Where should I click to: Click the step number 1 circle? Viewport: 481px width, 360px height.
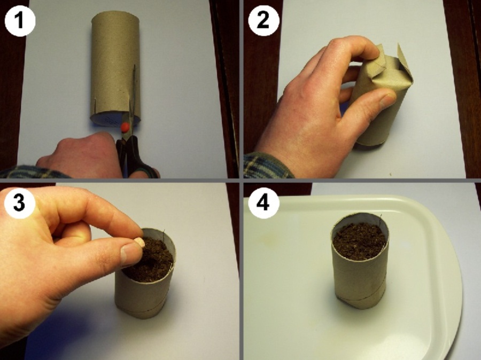coord(20,21)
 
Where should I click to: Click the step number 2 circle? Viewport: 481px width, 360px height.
coord(263,21)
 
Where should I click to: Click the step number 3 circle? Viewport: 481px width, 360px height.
coord(19,202)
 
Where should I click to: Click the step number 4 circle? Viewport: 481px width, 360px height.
coord(263,202)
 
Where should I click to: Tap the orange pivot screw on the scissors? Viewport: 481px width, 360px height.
coord(125,127)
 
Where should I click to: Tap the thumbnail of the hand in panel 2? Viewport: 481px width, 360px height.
coord(387,100)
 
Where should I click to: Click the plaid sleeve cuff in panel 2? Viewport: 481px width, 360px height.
coord(267,166)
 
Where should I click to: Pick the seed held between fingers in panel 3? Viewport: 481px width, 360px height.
coord(139,242)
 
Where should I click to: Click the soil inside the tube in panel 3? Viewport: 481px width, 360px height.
coord(150,260)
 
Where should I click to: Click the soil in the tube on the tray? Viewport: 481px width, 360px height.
coord(360,241)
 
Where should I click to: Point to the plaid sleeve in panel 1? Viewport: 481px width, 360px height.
coord(34,172)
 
